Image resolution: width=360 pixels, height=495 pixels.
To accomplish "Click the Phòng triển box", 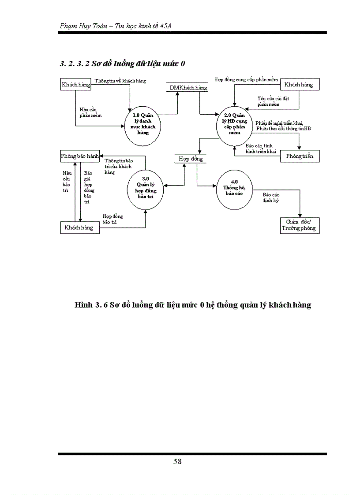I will (300, 156).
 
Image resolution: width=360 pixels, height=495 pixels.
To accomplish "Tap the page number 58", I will (177, 462).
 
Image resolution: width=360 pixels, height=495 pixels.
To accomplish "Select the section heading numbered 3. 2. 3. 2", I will (122, 63).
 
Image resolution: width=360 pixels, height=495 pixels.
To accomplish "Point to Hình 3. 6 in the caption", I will (91, 305).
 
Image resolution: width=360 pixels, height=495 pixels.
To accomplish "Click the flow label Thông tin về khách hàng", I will (120, 81).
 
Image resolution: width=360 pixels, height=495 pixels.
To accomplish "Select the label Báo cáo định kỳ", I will (271, 197).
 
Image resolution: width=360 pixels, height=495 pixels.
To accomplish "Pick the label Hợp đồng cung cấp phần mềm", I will (246, 80).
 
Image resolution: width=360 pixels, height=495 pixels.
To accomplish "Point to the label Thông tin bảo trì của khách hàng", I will (118, 166).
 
